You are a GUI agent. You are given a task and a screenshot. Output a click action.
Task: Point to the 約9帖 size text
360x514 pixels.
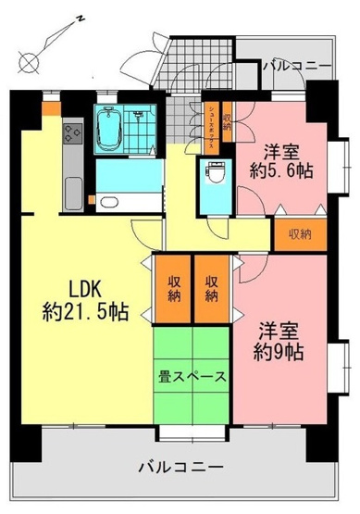pos(278,351)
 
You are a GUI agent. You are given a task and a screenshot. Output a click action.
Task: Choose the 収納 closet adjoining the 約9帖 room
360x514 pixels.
pos(213,289)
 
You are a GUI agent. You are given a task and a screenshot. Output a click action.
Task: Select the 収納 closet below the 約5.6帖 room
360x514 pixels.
pos(297,234)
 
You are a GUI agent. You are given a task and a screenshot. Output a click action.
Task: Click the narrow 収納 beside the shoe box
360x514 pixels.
pos(227,120)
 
